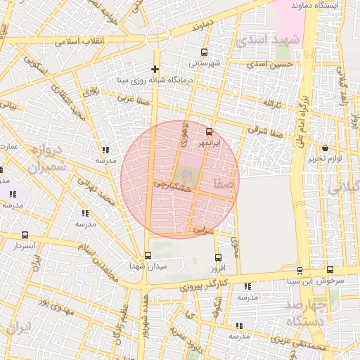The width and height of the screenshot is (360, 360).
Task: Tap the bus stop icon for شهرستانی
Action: [204, 52]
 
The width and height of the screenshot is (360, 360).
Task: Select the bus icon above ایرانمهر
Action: [208, 131]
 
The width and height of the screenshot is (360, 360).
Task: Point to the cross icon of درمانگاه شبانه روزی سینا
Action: [155, 69]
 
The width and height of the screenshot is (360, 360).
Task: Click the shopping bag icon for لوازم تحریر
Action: [325, 148]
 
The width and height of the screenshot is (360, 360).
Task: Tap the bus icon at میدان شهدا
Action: [147, 255]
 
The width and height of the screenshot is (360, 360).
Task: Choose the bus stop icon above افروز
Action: [218, 257]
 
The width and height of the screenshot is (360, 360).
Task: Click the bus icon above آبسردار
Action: [25, 236]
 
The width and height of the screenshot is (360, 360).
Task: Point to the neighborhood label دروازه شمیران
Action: [48, 159]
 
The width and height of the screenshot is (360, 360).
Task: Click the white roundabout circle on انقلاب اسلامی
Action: [157, 37]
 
